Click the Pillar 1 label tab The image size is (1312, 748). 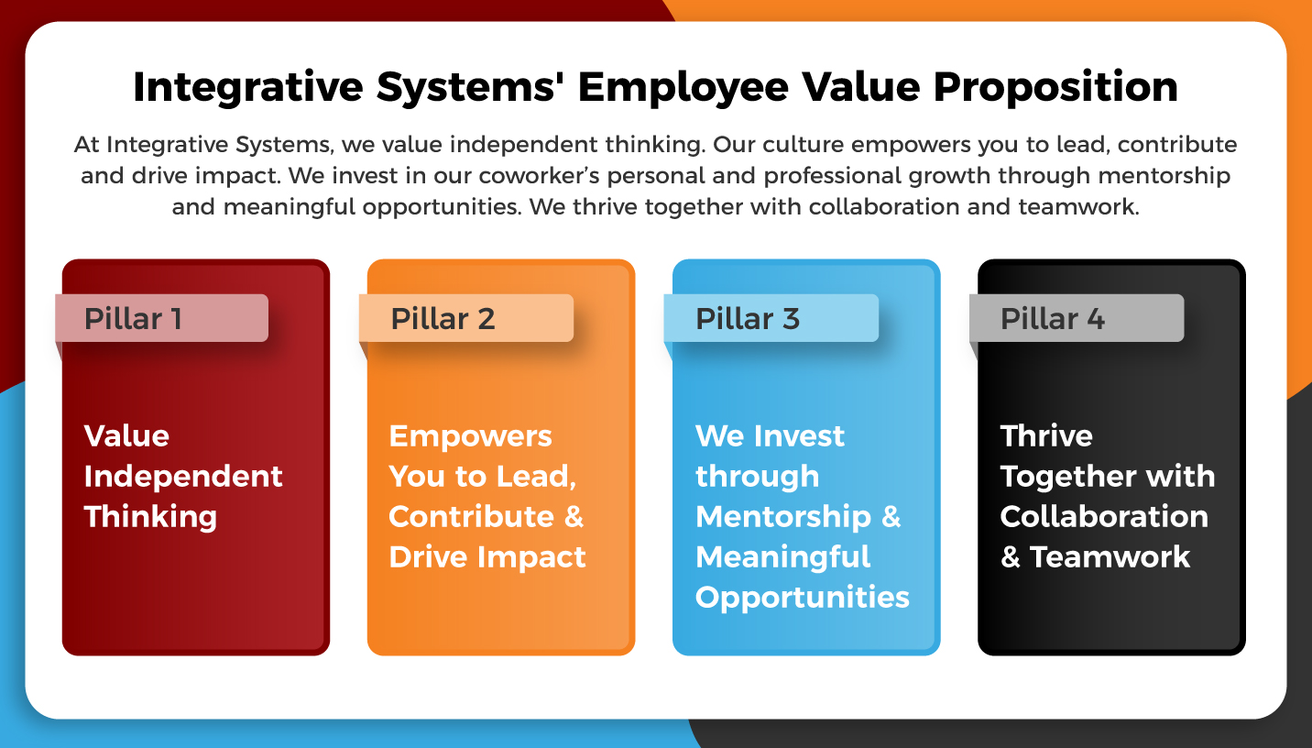(x=161, y=318)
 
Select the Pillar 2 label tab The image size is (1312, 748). (x=466, y=318)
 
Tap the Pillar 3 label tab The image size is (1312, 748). (x=771, y=318)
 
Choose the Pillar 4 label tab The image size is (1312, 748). (x=1077, y=318)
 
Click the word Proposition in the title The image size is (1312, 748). (x=1055, y=87)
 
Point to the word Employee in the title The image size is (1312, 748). (x=683, y=87)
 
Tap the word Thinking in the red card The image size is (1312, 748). (x=150, y=516)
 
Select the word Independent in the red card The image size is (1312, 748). (x=183, y=476)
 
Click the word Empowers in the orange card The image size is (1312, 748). (x=470, y=435)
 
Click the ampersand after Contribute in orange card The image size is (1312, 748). (x=574, y=516)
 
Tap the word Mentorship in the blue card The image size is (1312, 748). (x=783, y=516)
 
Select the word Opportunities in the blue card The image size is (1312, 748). (x=803, y=597)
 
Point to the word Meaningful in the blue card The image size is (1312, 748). (x=783, y=556)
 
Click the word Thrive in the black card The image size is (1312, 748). (x=1046, y=435)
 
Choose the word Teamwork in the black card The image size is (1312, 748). (x=1110, y=556)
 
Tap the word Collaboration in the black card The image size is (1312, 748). (x=1104, y=516)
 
